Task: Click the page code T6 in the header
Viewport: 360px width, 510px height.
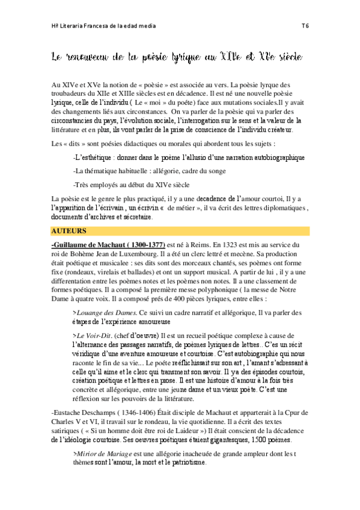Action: click(305, 26)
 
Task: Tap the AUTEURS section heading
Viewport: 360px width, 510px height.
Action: click(69, 231)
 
